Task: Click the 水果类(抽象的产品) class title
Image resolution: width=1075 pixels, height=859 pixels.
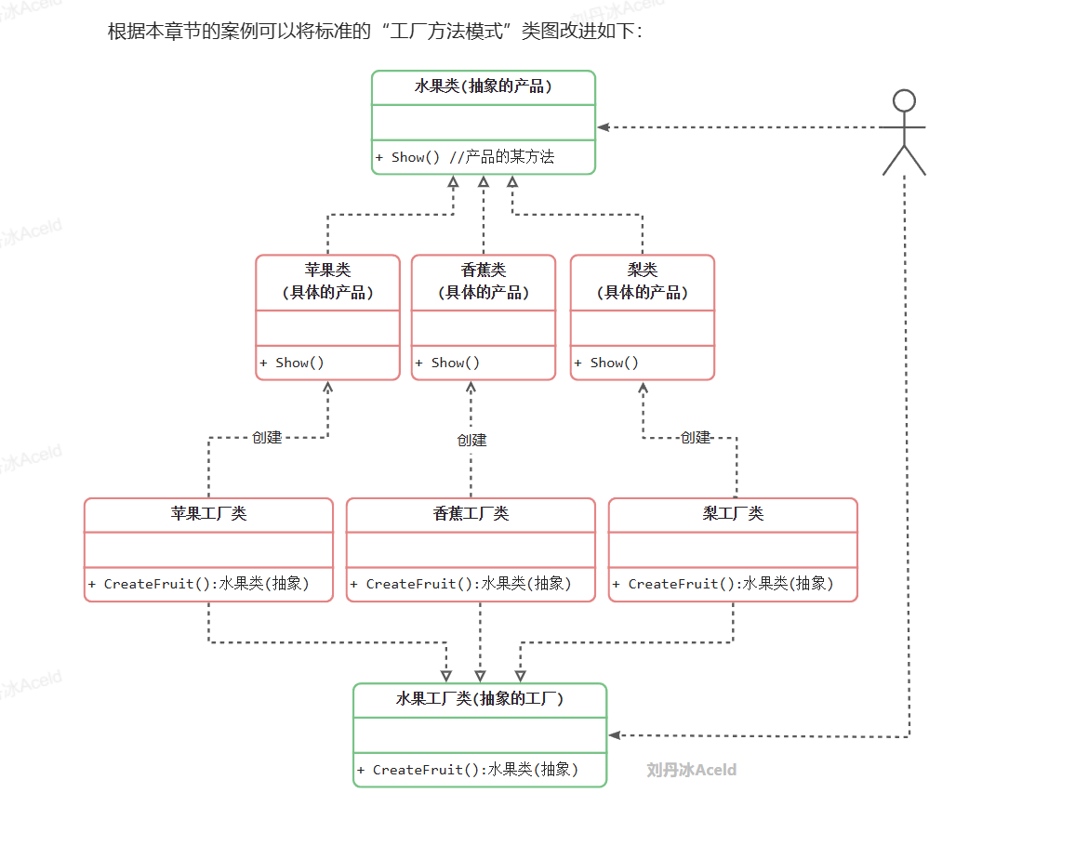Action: coord(483,86)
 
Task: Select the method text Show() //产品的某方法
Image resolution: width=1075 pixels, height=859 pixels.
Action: coord(465,157)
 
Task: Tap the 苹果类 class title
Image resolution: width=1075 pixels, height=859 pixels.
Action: coord(327,270)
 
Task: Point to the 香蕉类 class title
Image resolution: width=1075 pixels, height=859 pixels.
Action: coord(484,270)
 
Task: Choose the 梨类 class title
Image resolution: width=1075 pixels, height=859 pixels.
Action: coord(643,270)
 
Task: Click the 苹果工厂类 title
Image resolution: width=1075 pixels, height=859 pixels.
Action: coord(208,513)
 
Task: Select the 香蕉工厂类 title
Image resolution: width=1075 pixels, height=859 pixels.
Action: coord(471,513)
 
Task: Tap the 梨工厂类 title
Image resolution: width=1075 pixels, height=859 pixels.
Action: coord(733,513)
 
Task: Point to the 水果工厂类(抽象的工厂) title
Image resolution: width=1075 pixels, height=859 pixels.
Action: coord(480,699)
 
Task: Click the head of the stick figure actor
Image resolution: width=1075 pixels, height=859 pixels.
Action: coord(904,100)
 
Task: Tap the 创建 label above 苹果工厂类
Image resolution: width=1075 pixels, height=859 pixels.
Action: coord(267,437)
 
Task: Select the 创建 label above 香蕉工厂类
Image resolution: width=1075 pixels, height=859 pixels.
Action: coord(471,440)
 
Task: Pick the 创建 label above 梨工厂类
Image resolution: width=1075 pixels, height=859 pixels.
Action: coord(696,437)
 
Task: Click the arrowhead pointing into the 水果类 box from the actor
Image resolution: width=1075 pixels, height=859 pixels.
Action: coord(604,126)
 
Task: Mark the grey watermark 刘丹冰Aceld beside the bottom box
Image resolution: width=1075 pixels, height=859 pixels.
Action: coord(691,770)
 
